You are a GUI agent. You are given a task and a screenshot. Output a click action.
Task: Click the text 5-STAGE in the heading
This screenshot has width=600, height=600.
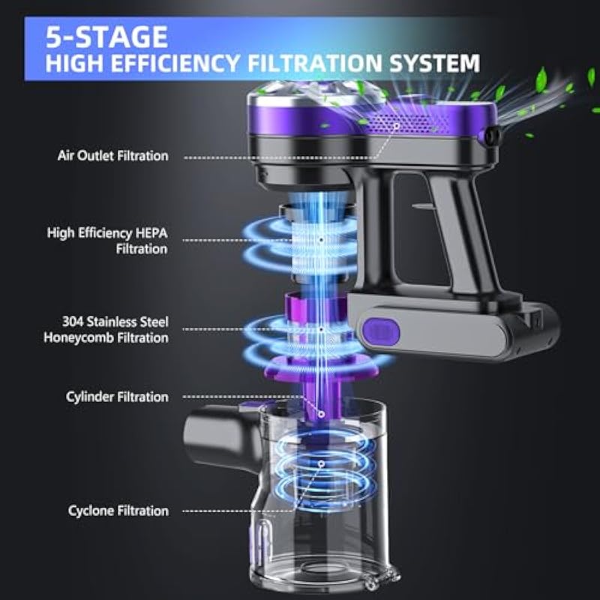(106, 37)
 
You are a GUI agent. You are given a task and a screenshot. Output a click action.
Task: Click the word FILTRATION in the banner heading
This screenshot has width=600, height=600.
(315, 63)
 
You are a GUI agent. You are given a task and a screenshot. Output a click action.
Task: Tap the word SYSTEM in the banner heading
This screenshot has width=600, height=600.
(434, 63)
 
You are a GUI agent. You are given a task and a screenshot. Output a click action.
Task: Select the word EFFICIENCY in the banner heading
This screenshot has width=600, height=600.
(175, 63)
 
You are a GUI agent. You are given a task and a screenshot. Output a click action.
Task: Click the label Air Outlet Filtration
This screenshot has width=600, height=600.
(113, 156)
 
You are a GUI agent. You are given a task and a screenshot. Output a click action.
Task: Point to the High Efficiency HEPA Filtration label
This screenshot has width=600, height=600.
(107, 241)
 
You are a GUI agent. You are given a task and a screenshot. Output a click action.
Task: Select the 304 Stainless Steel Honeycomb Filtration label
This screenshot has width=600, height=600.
(106, 329)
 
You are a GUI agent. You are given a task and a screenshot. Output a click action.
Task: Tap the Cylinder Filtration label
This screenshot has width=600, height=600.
(117, 397)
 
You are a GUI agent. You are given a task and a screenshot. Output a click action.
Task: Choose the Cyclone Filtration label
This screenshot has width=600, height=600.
(118, 511)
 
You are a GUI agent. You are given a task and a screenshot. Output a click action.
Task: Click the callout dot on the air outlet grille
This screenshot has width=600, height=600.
(397, 125)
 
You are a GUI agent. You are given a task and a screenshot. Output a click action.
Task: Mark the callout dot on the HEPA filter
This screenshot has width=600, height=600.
(322, 240)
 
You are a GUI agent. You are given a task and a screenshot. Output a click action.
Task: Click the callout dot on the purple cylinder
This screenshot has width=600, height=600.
(322, 414)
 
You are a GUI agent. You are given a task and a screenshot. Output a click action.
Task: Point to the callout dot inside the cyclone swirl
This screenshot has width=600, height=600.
(322, 463)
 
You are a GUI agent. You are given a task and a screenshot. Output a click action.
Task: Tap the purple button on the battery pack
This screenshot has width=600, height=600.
(381, 331)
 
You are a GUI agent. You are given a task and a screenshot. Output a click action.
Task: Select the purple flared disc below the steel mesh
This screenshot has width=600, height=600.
(321, 367)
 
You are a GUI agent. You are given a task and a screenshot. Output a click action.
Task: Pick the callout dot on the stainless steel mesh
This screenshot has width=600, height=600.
(322, 329)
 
